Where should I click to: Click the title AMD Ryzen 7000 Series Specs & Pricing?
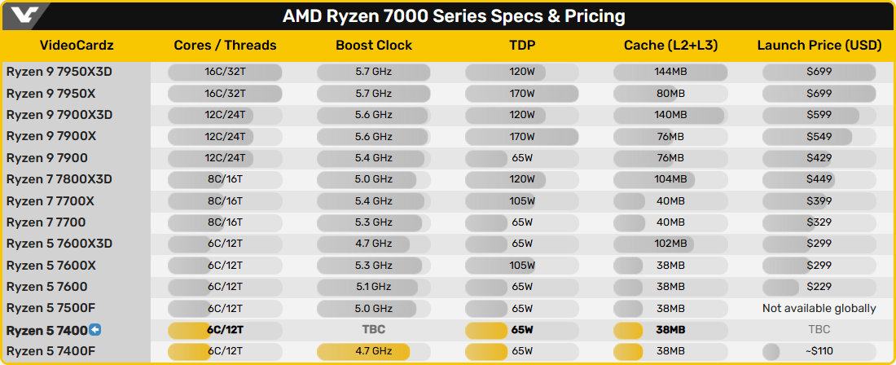click(x=454, y=15)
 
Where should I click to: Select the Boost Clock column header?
click(x=374, y=46)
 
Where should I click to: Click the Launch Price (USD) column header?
click(x=819, y=46)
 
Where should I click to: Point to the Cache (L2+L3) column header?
click(x=670, y=46)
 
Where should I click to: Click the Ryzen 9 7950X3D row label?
click(x=59, y=72)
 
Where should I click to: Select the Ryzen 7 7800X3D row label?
click(x=59, y=179)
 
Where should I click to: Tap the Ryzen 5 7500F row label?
click(x=53, y=308)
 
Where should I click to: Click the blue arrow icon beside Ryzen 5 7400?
click(x=94, y=330)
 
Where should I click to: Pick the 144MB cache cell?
click(x=670, y=72)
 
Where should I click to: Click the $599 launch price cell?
click(x=819, y=115)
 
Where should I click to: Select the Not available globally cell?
click(x=819, y=308)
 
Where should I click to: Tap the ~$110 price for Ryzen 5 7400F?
click(x=819, y=351)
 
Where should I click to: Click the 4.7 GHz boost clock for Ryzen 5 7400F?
click(x=374, y=351)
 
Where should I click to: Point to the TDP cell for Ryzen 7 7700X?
click(x=522, y=200)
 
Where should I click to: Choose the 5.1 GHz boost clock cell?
click(x=374, y=287)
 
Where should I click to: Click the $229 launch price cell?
click(x=819, y=287)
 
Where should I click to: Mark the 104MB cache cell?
click(x=670, y=179)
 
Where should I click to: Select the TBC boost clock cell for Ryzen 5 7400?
click(x=374, y=330)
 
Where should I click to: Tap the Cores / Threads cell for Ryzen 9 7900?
click(x=226, y=158)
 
